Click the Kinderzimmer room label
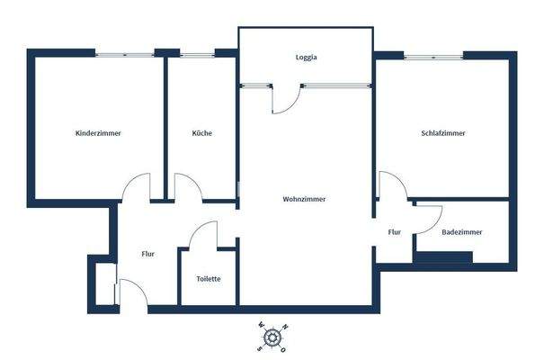pos(98,133)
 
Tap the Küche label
pos(201,133)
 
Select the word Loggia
pos(307,58)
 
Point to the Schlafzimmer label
pos(442,133)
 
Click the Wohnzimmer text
pos(304,199)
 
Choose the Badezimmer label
pos(461,231)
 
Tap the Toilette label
pos(209,278)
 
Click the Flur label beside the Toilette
pos(148,254)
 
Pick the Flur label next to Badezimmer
pos(394,231)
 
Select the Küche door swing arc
pos(187,186)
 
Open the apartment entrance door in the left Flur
pos(131,292)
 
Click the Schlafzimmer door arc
pos(392,184)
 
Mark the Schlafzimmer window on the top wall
pos(433,55)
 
